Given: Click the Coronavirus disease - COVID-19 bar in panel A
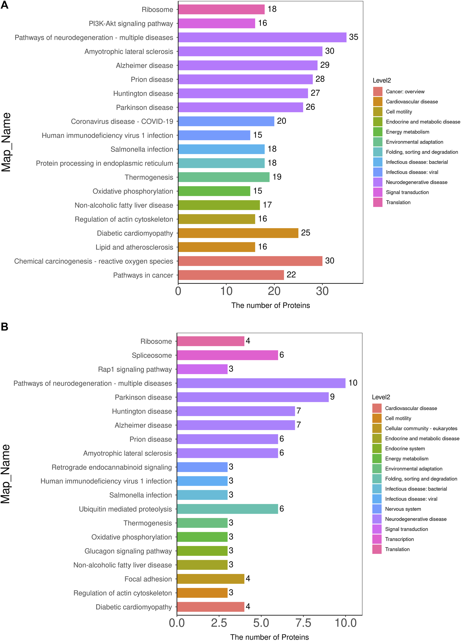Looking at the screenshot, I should click(226, 121).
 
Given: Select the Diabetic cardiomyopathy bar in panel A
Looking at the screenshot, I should click(238, 233).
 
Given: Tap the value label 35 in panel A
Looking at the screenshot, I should click(353, 37).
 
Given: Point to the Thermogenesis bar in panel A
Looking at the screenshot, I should click(224, 177).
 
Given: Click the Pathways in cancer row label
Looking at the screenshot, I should click(143, 275).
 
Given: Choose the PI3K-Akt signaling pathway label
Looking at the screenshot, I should click(131, 23).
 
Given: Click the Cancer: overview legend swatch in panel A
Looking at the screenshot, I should click(378, 91).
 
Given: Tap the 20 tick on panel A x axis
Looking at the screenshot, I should click(274, 291).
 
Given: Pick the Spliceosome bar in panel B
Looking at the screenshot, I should click(227, 355).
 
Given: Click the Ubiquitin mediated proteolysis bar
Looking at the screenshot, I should click(227, 509).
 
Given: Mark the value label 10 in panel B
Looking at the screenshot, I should click(353, 383).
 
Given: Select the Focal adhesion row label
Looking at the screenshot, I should click(148, 579).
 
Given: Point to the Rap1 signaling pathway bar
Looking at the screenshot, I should click(202, 369).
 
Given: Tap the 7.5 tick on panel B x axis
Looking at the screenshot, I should click(303, 623).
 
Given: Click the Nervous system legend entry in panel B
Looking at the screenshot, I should click(403, 509).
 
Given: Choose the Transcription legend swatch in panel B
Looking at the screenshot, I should click(377, 539).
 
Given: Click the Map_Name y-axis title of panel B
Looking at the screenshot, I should click(6, 474).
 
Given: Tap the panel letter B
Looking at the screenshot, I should click(4, 327).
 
